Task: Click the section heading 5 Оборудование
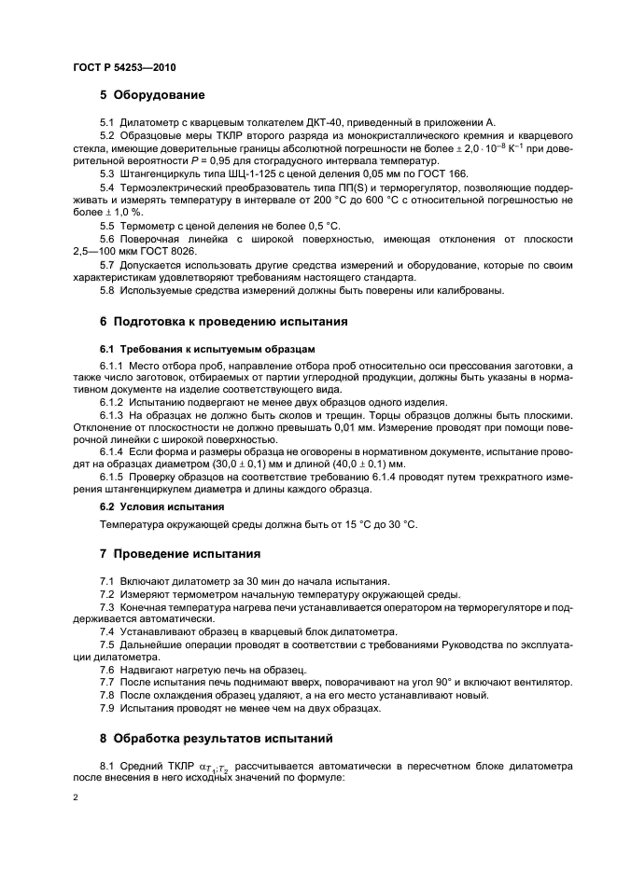point(152,95)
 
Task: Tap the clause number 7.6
point(107,670)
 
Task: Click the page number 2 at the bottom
point(76,798)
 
